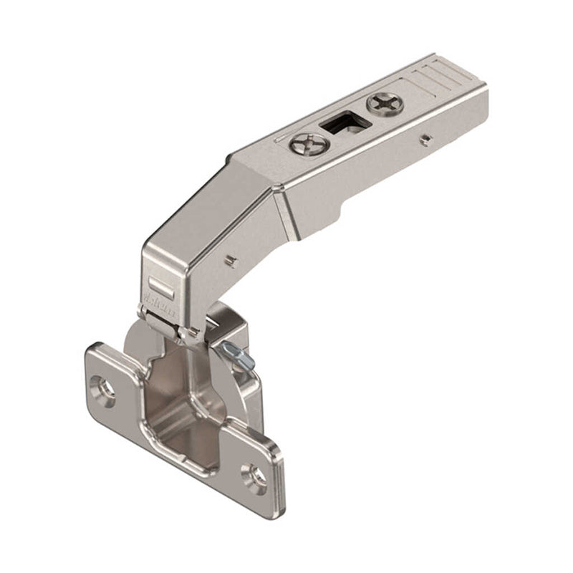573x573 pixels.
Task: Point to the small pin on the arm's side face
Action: click(425, 137)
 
